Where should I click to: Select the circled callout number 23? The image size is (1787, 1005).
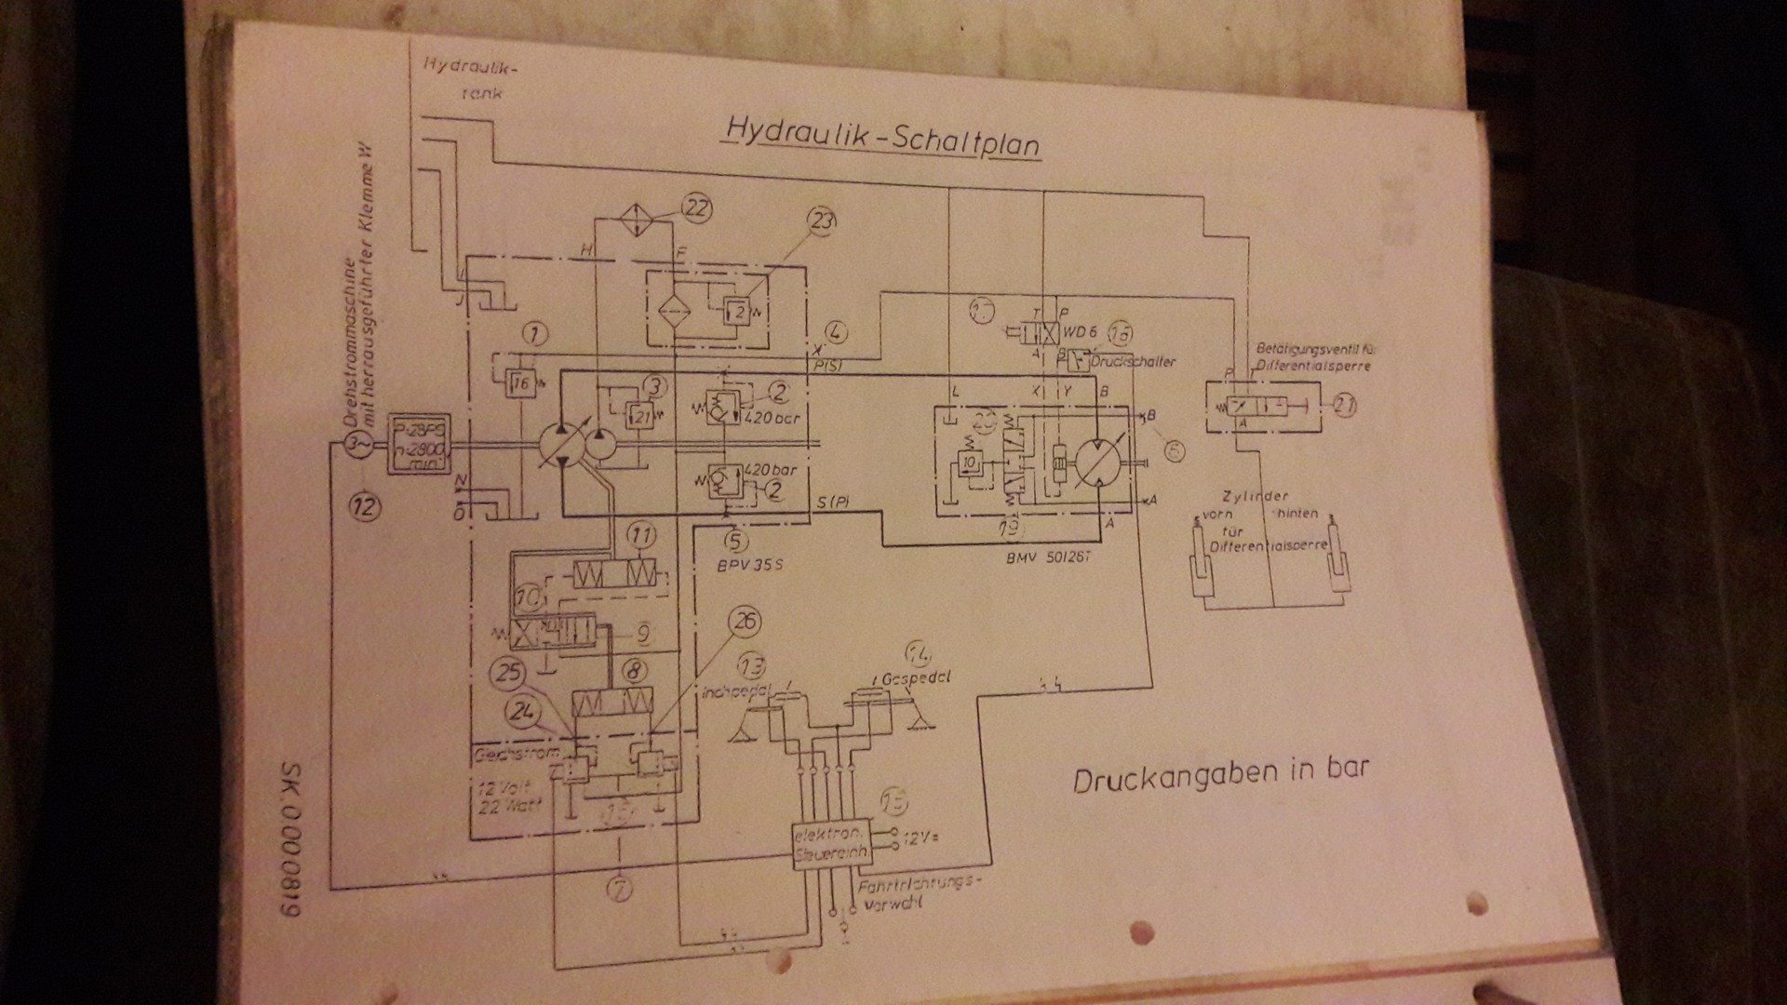(x=823, y=221)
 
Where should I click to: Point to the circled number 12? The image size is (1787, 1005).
(x=364, y=506)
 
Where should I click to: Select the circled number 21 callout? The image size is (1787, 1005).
(x=1344, y=406)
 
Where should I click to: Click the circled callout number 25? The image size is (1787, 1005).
(x=510, y=673)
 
